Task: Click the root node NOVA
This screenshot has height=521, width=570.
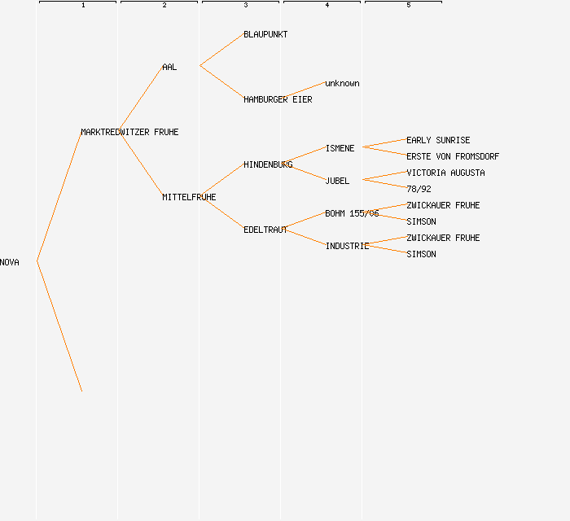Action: pyautogui.click(x=10, y=262)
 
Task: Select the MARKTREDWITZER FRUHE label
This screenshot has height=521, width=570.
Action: pyautogui.click(x=129, y=132)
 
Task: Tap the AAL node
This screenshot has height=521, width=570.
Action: pyautogui.click(x=169, y=67)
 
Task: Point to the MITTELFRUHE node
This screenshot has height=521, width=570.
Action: pyautogui.click(x=189, y=197)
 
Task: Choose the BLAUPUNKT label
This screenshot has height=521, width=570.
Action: pyautogui.click(x=265, y=34)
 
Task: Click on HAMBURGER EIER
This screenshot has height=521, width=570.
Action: pyautogui.click(x=278, y=99)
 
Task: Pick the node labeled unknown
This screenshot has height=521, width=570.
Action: pyautogui.click(x=342, y=83)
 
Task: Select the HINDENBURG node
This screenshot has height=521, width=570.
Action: pyautogui.click(x=268, y=164)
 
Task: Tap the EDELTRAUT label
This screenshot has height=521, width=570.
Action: pyautogui.click(x=265, y=230)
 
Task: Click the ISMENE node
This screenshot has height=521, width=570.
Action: pyautogui.click(x=340, y=148)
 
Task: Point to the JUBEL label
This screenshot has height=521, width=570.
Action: pyautogui.click(x=337, y=181)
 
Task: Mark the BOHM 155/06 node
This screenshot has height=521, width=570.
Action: pyautogui.click(x=352, y=213)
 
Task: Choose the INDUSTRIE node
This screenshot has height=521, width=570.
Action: pyautogui.click(x=347, y=246)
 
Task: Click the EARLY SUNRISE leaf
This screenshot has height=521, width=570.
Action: pyautogui.click(x=438, y=140)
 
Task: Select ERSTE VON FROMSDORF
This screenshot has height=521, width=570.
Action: pyautogui.click(x=453, y=156)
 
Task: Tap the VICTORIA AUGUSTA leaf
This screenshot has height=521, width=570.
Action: pyautogui.click(x=445, y=173)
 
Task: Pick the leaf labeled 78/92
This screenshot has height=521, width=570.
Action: pyautogui.click(x=419, y=189)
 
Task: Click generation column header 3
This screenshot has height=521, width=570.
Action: pyautogui.click(x=246, y=5)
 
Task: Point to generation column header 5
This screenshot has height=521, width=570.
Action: pyautogui.click(x=409, y=5)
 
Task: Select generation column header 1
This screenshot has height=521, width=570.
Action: pyautogui.click(x=83, y=5)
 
